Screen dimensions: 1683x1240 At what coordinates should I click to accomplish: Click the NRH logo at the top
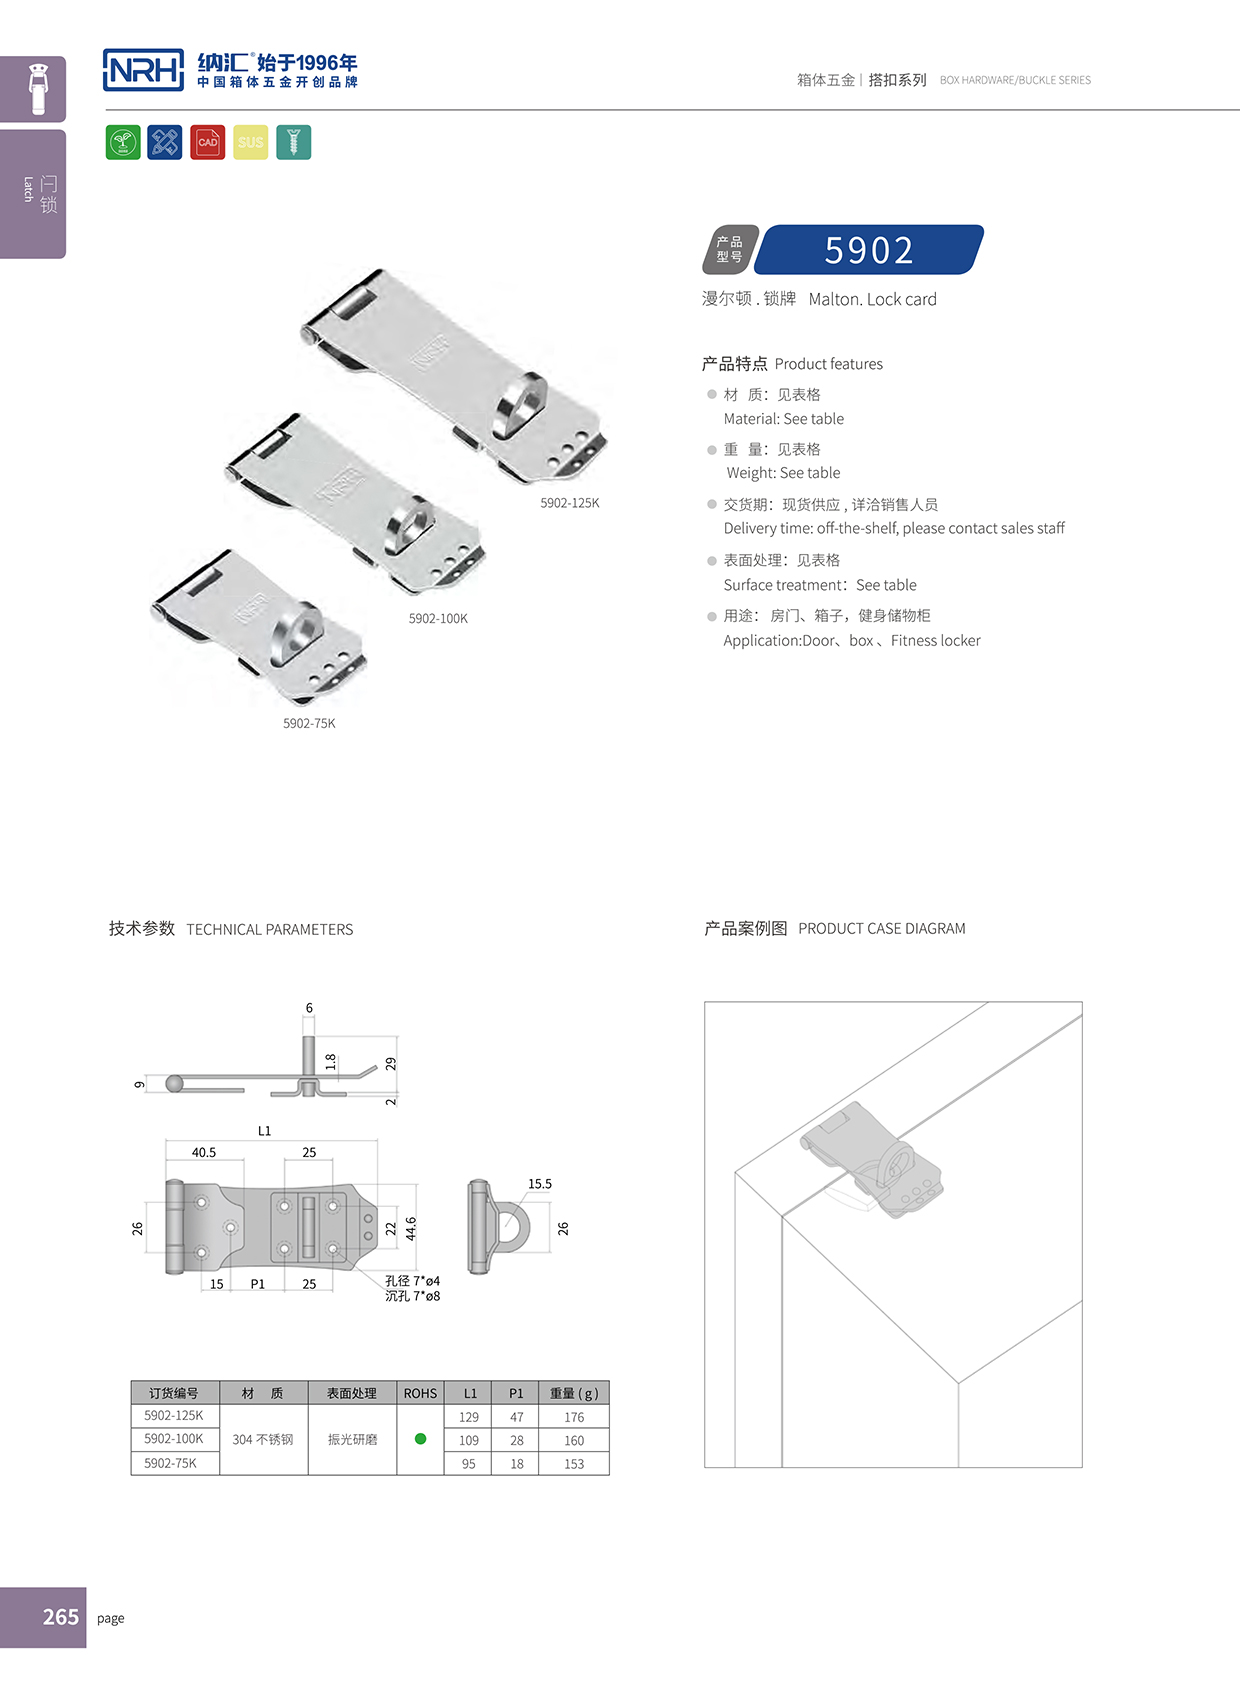[x=144, y=70]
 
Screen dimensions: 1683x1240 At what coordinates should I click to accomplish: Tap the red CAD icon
[x=208, y=143]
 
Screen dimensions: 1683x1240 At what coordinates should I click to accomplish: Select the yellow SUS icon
[x=251, y=143]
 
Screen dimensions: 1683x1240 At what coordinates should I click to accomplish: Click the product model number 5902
[x=868, y=250]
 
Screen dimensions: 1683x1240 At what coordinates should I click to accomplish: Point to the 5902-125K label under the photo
[x=570, y=503]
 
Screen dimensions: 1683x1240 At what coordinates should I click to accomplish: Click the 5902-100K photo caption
[x=438, y=619]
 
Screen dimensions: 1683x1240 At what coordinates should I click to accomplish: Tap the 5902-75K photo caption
[x=309, y=723]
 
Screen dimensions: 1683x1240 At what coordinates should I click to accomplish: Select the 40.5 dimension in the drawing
[x=204, y=1153]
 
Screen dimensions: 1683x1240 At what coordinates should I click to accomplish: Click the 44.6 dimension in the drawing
[x=411, y=1229]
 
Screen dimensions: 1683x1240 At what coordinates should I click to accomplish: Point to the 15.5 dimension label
[x=540, y=1184]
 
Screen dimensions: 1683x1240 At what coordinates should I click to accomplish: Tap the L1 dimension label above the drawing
[x=264, y=1131]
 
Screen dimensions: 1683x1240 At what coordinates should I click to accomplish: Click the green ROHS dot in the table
[x=420, y=1439]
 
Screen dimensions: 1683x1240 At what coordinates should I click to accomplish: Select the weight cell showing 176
[x=574, y=1417]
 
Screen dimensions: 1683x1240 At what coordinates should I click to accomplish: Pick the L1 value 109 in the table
[x=469, y=1440]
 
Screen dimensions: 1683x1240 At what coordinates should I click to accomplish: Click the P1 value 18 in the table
[x=517, y=1464]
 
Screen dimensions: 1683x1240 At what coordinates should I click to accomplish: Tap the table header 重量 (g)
[x=574, y=1393]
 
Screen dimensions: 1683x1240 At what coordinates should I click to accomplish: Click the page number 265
[x=61, y=1617]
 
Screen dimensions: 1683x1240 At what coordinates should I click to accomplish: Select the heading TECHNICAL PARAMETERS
[x=270, y=930]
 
